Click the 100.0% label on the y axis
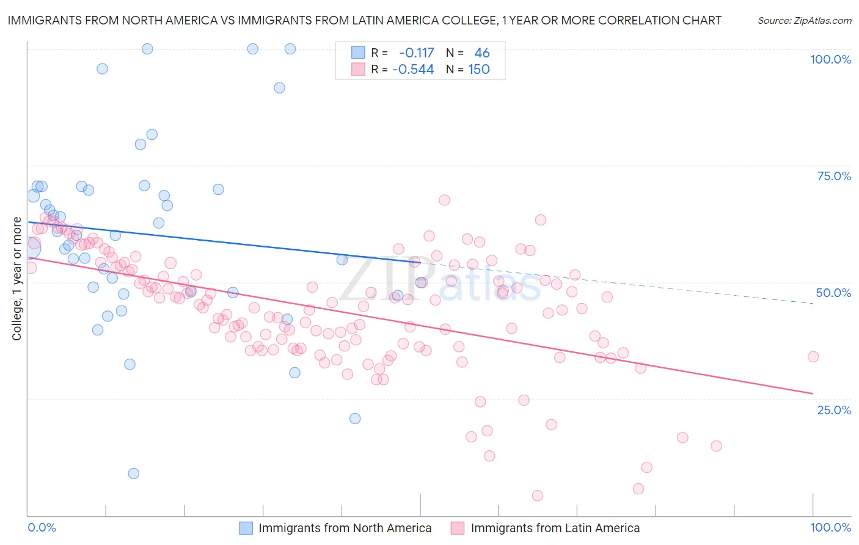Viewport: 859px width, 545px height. (830, 59)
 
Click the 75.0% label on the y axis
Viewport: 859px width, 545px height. (834, 176)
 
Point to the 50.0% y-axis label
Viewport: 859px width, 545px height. (833, 293)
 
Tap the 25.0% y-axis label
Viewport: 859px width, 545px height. (834, 409)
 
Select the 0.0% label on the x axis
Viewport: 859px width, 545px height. (42, 527)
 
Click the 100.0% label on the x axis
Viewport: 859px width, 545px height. (830, 527)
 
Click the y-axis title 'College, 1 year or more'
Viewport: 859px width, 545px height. (16, 279)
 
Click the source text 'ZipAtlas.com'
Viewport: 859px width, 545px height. (821, 21)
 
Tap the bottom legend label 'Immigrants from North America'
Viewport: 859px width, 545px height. (345, 528)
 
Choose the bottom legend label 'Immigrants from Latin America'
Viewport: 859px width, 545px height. (555, 528)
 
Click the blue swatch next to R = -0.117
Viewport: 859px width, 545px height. (358, 53)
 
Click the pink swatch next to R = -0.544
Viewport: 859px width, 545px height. (358, 69)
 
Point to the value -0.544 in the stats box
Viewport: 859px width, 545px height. (413, 69)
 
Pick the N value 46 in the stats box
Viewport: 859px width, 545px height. (482, 53)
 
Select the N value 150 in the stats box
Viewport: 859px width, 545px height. (479, 69)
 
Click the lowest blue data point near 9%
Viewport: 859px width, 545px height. (133, 474)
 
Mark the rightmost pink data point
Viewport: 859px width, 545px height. (813, 357)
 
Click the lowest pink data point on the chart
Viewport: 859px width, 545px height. (538, 496)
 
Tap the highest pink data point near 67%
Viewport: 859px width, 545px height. (444, 200)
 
